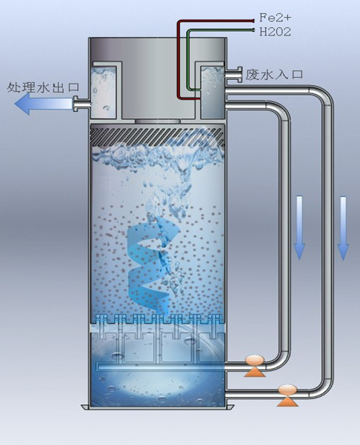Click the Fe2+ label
pyautogui.click(x=275, y=18)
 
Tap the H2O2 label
pyautogui.click(x=275, y=32)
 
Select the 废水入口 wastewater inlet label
pyautogui.click(x=274, y=75)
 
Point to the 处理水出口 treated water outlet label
pyautogui.click(x=43, y=87)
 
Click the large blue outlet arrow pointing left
pyautogui.click(x=44, y=104)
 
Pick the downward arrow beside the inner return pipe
pyautogui.click(x=299, y=227)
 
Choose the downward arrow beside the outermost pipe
pyautogui.click(x=343, y=229)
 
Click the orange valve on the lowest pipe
pyautogui.click(x=287, y=395)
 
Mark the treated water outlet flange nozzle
pyautogui.click(x=81, y=104)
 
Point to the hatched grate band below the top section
pyautogui.click(x=158, y=136)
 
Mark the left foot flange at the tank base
pyautogui.click(x=85, y=407)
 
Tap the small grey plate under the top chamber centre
pyautogui.click(x=158, y=121)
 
